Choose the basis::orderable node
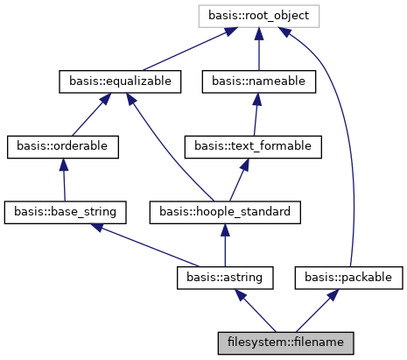[x=62, y=146]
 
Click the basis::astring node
[x=225, y=277]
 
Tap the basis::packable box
[x=350, y=277]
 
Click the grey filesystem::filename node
[x=285, y=342]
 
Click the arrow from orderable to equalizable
[x=91, y=114]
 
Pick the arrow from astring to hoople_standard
[x=224, y=244]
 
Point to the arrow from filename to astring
[x=256, y=309]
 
